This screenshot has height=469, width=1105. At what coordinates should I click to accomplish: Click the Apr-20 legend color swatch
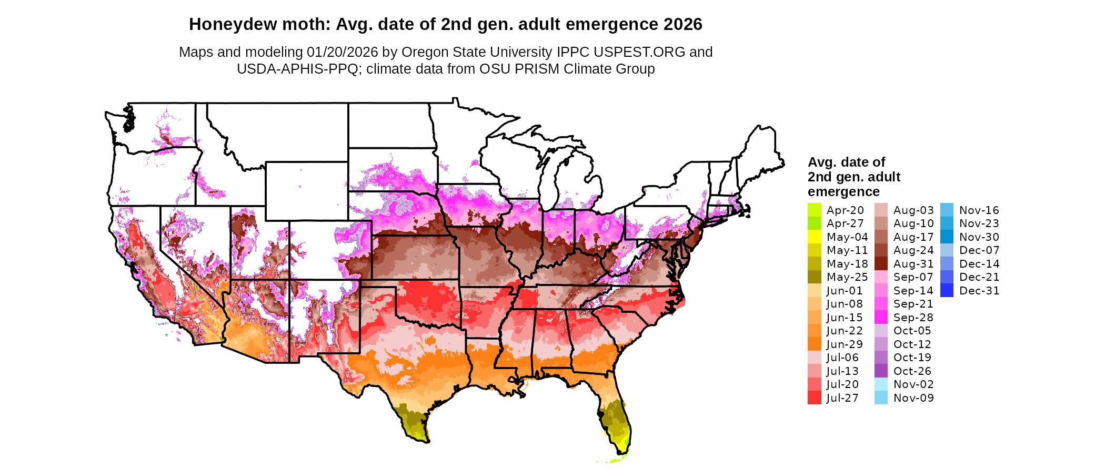pyautogui.click(x=814, y=210)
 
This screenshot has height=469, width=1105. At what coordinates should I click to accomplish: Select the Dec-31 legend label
pyautogui.click(x=979, y=291)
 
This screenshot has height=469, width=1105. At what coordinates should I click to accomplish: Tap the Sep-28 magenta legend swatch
pyautogui.click(x=881, y=318)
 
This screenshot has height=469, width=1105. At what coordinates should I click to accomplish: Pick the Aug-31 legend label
pyautogui.click(x=913, y=264)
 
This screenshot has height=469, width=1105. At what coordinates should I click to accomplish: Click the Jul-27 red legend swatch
pyautogui.click(x=814, y=398)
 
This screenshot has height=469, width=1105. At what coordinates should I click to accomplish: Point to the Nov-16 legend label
pyautogui.click(x=979, y=210)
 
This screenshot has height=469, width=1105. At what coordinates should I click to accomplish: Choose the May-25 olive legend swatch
pyautogui.click(x=814, y=277)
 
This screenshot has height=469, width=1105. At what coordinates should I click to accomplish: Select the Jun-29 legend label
pyautogui.click(x=845, y=344)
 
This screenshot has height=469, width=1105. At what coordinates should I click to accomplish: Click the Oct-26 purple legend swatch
pyautogui.click(x=881, y=371)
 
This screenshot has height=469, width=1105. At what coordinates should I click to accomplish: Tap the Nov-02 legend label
pyautogui.click(x=913, y=384)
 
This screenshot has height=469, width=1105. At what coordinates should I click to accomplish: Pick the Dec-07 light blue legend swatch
pyautogui.click(x=947, y=250)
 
